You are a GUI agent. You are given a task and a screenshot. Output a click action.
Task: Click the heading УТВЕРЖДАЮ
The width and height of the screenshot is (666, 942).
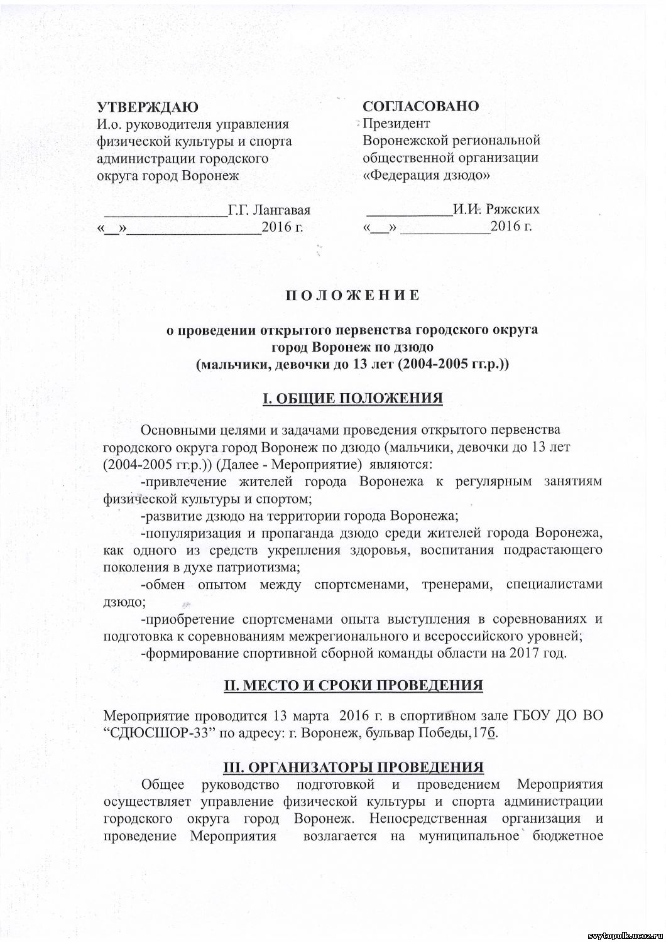click(x=148, y=106)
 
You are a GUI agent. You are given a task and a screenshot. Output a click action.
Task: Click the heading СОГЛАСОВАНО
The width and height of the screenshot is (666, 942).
click(x=420, y=106)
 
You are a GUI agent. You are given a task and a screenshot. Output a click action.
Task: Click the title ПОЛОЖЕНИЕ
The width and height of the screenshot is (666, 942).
click(x=352, y=295)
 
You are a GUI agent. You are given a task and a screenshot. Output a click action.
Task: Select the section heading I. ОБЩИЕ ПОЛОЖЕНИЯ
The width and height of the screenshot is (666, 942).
click(x=352, y=399)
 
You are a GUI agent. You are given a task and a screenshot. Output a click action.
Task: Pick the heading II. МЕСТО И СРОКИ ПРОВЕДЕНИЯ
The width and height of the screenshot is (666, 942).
click(x=353, y=685)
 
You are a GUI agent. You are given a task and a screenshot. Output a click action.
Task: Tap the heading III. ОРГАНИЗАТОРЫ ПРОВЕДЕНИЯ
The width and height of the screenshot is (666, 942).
click(x=353, y=767)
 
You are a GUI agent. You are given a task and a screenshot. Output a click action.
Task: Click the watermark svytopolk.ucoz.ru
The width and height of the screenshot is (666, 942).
click(x=622, y=936)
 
